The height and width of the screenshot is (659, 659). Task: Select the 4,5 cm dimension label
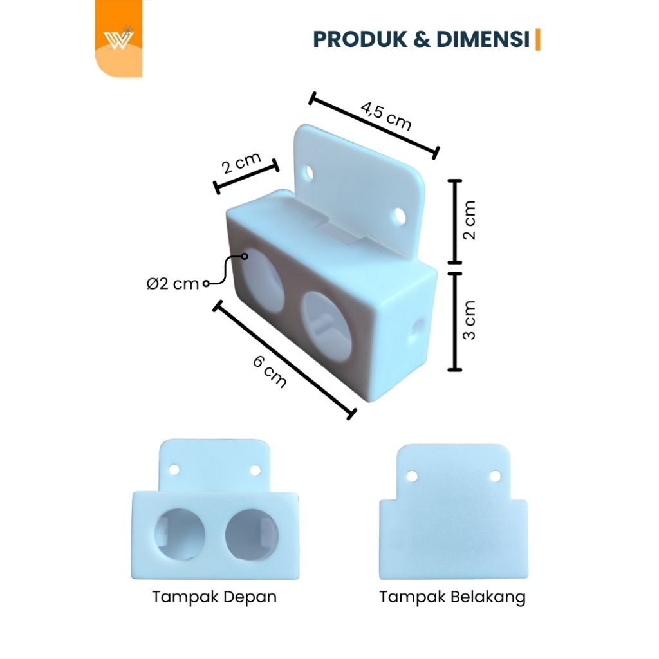point(385,116)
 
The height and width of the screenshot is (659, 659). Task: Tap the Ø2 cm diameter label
point(172,284)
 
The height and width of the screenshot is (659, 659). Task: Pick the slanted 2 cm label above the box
point(241,164)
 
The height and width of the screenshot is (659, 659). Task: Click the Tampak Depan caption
point(214,597)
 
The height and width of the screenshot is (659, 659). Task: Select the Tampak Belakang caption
point(452,597)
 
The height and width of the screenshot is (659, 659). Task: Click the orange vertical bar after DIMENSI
point(538,39)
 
